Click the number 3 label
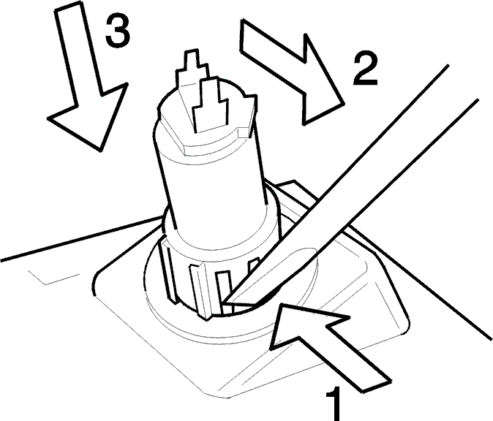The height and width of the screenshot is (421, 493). click(x=118, y=31)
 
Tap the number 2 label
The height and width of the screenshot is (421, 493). click(x=365, y=69)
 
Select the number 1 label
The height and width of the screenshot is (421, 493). click(x=333, y=404)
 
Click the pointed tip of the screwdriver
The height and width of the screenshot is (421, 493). click(x=222, y=303)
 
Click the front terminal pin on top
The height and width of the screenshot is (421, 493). click(x=210, y=104)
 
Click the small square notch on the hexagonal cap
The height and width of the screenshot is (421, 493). click(x=244, y=132)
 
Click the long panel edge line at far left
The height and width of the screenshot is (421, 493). click(x=80, y=239)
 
